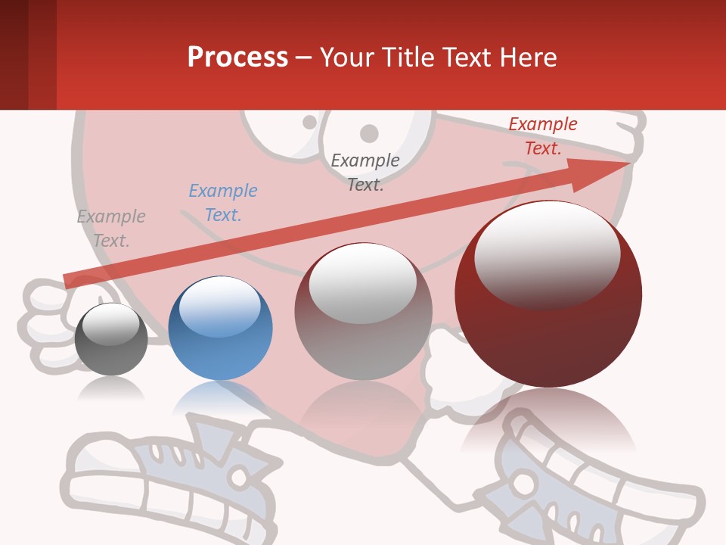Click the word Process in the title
coord(237,58)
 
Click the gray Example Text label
coord(111,229)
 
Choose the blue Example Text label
coord(223,203)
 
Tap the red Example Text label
coord(543,136)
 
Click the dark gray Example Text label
coord(365,172)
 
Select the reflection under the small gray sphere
coord(111,388)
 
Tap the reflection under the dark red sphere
coord(548,420)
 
